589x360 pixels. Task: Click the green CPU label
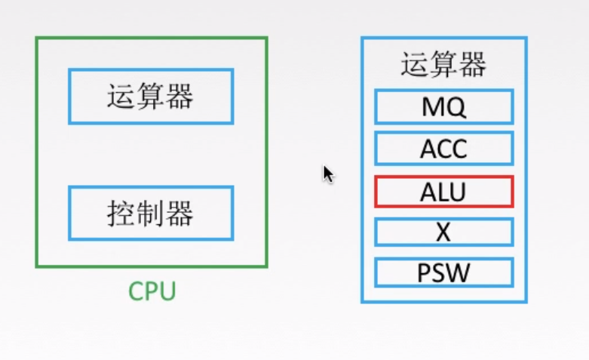point(152,291)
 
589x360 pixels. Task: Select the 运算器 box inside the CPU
point(151,96)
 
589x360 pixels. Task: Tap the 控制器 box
point(151,213)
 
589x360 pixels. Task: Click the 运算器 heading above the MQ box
point(443,65)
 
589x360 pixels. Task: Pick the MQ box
point(444,106)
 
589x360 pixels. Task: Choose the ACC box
point(444,149)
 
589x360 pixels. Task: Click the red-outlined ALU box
point(444,192)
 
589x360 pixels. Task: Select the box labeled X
point(444,232)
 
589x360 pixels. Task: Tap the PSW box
point(444,272)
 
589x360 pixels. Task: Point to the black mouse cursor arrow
point(328,174)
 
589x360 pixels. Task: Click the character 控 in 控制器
point(121,213)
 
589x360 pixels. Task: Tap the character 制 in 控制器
point(150,213)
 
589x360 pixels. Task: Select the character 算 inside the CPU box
point(150,96)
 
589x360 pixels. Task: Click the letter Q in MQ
point(456,107)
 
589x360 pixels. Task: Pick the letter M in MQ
point(433,106)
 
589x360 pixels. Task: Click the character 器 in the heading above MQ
point(473,65)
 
